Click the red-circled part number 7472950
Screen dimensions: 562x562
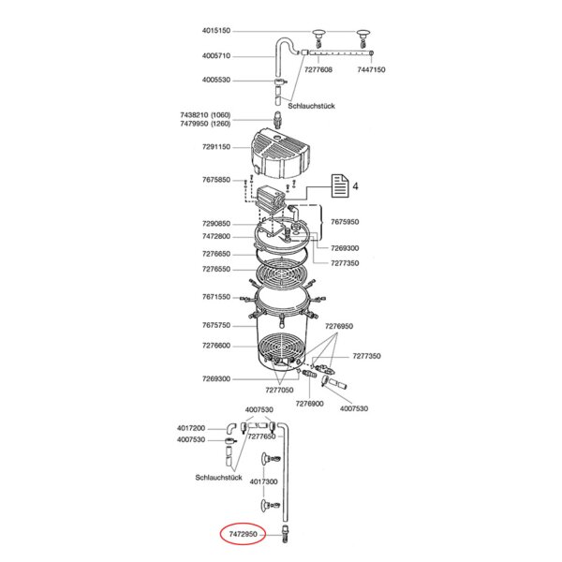(243, 534)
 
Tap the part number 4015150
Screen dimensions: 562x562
(216, 31)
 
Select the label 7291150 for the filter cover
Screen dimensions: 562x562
(216, 147)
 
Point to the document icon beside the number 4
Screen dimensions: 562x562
(340, 185)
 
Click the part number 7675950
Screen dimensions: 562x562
(345, 222)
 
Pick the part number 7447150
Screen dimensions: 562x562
(371, 69)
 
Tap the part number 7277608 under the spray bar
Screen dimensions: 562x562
(318, 69)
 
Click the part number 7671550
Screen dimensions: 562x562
(216, 297)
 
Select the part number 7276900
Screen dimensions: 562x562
(310, 404)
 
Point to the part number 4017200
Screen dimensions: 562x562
(191, 428)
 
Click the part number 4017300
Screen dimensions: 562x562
(264, 481)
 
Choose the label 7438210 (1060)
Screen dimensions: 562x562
(205, 115)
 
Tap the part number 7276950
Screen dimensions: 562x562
(339, 326)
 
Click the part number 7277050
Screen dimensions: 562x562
(279, 390)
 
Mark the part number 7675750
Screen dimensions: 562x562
(216, 325)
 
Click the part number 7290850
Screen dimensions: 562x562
(216, 224)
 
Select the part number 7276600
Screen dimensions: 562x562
(216, 346)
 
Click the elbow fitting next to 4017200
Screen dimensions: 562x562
(231, 426)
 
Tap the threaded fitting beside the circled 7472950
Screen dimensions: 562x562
(285, 534)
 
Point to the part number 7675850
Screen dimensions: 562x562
(216, 180)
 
